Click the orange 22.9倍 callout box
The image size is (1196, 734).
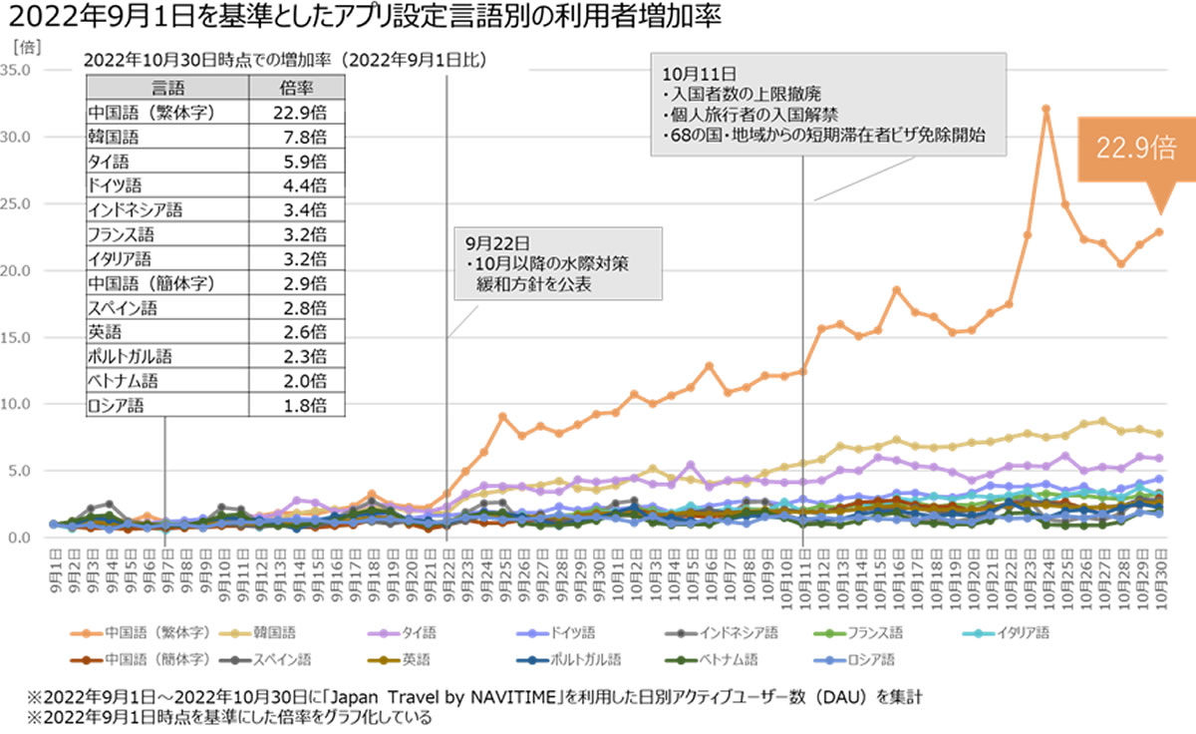tap(1136, 149)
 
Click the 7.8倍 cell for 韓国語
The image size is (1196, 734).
tap(300, 136)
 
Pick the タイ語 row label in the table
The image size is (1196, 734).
tap(109, 161)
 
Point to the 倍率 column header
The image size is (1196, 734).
tap(300, 87)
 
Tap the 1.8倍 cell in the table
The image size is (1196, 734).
tap(300, 405)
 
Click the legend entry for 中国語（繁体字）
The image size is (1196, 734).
tap(149, 633)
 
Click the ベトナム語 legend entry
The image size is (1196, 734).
tap(729, 659)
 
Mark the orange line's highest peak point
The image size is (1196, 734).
tap(1046, 109)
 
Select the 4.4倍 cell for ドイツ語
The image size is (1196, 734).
tap(300, 184)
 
